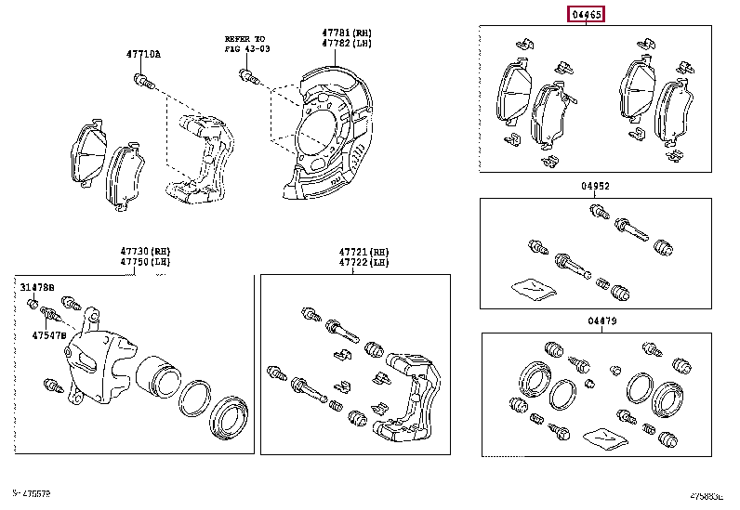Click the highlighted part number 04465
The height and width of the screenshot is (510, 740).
point(588,14)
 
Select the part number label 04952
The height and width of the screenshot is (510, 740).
point(596,186)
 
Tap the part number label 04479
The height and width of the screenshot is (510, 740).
point(602,320)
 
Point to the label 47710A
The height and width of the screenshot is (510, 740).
point(144,54)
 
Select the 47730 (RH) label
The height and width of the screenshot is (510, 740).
point(145,252)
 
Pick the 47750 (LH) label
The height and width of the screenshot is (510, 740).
point(145,263)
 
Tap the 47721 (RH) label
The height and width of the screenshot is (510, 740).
point(364,252)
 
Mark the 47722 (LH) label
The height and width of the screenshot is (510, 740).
point(364,263)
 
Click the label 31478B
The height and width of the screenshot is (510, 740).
point(38,288)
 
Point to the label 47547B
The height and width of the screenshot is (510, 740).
point(49,335)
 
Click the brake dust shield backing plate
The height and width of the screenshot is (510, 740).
point(325,130)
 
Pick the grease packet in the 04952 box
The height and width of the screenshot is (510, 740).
point(535,288)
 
